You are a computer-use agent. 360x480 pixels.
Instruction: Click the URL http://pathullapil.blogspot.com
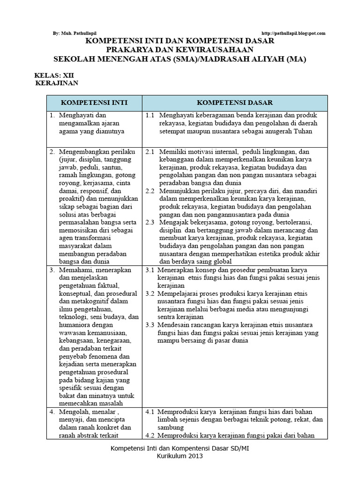coord(292,33)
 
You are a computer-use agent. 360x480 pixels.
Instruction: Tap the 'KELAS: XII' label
coord(54,75)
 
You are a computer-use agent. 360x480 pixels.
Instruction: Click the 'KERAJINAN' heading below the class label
coord(57,83)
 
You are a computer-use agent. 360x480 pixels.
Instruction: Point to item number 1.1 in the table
coord(150,115)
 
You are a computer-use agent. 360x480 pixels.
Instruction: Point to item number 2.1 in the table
coord(150,152)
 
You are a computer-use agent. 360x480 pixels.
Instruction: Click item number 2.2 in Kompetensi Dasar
coord(150,191)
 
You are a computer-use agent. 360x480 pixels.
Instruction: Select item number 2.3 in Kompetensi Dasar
coord(150,223)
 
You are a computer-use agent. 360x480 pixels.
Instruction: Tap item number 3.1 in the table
coord(150,270)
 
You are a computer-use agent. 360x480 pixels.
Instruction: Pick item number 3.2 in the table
coord(150,293)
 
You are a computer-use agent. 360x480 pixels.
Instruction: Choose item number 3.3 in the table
coord(150,325)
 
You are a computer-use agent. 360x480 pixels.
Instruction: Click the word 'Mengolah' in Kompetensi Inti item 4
coord(73,412)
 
